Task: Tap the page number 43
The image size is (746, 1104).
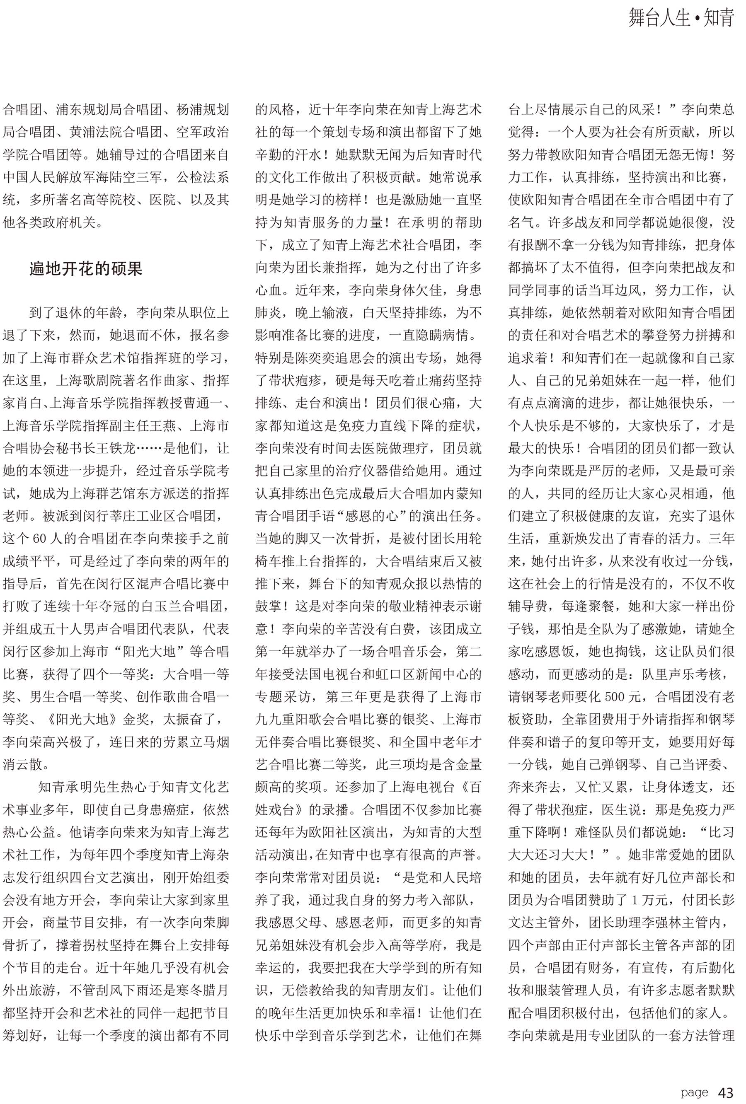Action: (726, 1092)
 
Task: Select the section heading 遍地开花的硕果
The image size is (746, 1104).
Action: (85, 269)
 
